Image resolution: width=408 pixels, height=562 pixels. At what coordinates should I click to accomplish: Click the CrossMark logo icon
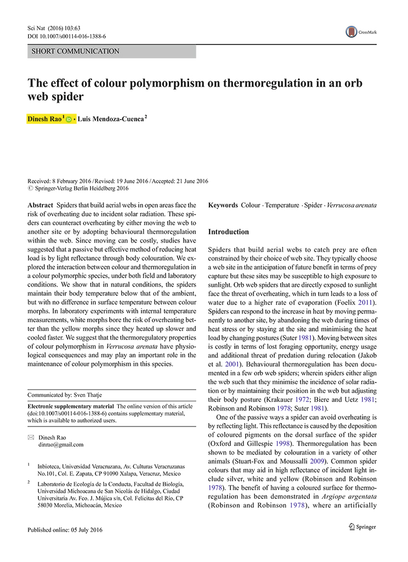352,32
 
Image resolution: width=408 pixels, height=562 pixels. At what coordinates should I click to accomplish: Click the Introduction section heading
228,232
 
